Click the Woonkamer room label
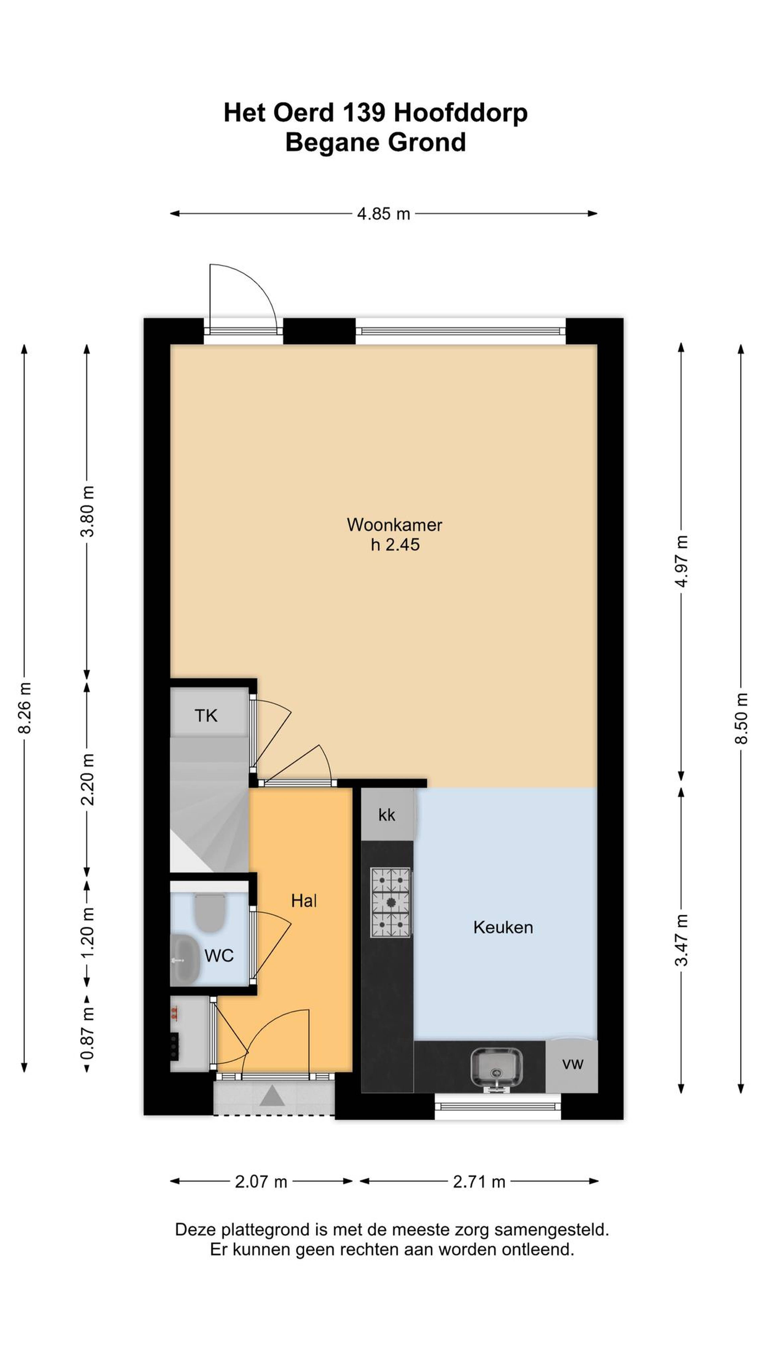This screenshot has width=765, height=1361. click(394, 525)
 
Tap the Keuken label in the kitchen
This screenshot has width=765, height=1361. click(503, 927)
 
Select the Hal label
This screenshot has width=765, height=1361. click(304, 901)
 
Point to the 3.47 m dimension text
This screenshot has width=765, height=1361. click(682, 940)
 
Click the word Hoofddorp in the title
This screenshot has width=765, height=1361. click(460, 112)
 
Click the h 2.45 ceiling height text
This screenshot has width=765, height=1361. click(395, 545)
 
